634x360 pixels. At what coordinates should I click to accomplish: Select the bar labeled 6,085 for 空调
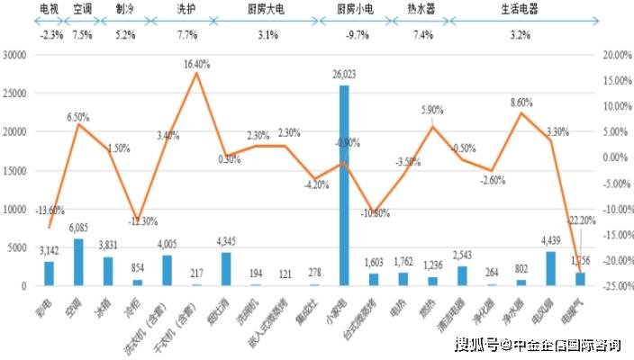click(78, 262)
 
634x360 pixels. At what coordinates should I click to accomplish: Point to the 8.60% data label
click(521, 103)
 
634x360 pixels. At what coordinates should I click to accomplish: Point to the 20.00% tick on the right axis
click(615, 55)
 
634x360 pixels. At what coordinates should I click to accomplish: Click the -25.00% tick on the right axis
click(615, 286)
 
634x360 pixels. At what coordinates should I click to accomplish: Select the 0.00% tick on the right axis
click(615, 157)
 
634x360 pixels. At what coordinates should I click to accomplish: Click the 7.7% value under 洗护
click(187, 35)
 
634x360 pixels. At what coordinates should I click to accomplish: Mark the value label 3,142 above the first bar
click(49, 250)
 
